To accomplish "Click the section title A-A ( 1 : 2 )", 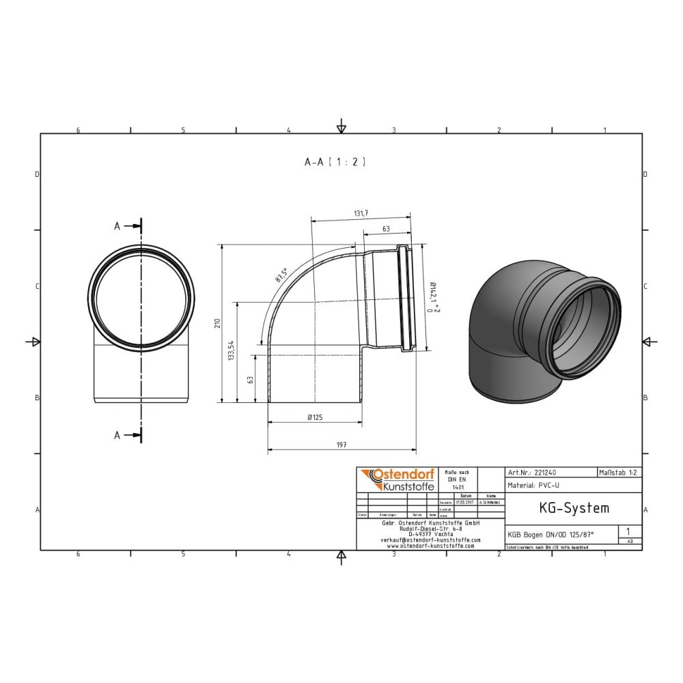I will [335, 162].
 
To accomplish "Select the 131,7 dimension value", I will [361, 214].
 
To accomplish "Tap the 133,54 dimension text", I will [232, 350].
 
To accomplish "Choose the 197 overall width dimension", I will [341, 445].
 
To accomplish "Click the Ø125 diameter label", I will [315, 417].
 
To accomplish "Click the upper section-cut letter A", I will [117, 227].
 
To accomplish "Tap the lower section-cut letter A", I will [117, 435].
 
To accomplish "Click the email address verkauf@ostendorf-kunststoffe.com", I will [430, 540].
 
